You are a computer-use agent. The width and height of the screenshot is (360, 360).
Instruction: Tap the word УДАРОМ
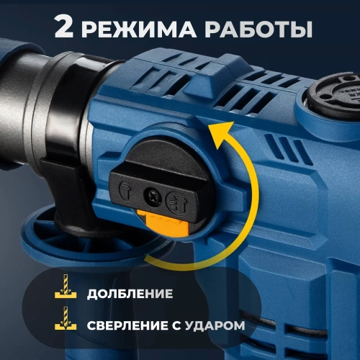pos(214,325)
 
